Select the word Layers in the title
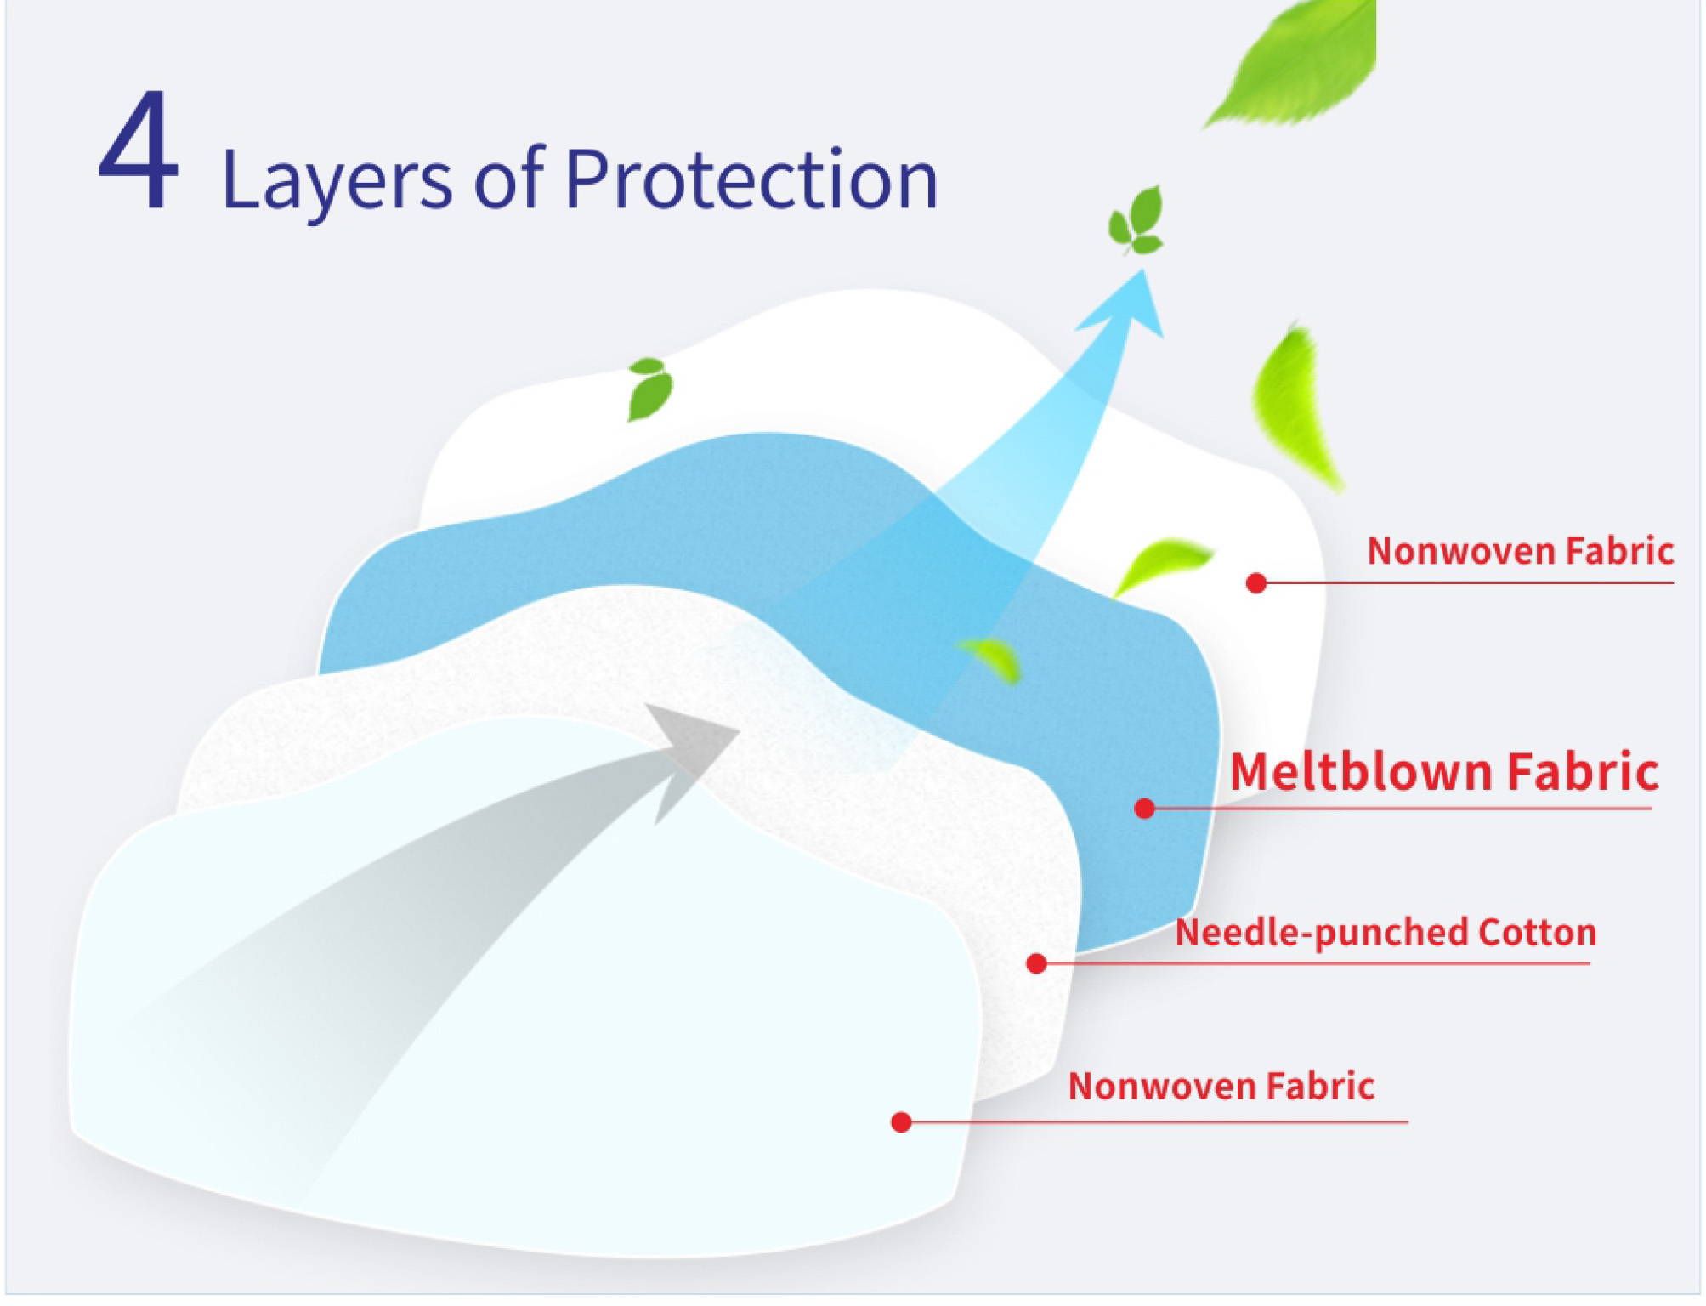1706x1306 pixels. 336,181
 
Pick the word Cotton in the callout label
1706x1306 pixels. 1538,932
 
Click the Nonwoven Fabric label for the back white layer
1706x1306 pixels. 1520,551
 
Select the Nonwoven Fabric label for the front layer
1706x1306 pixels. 1221,1086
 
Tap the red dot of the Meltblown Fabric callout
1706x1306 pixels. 1144,808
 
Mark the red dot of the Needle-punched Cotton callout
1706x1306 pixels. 1036,963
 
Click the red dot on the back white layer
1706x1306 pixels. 1256,582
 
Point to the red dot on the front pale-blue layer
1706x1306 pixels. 901,1122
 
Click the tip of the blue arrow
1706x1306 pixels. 1144,270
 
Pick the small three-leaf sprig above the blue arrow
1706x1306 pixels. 1136,221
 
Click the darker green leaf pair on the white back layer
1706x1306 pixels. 649,389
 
